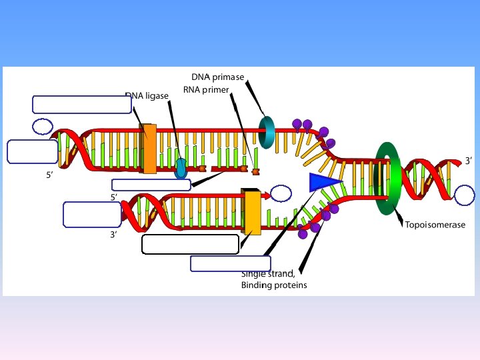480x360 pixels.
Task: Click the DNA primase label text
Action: [x=217, y=77]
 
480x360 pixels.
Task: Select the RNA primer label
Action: [x=205, y=90]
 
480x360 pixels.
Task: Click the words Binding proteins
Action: [x=274, y=285]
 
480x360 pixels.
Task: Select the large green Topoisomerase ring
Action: [x=385, y=178]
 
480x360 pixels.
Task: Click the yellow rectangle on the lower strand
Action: [x=252, y=211]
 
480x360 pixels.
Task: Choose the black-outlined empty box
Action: [x=190, y=244]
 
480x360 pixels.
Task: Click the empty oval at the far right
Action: [x=466, y=195]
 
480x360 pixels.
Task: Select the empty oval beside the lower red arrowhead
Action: [x=281, y=194]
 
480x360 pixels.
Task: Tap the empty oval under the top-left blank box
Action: [x=43, y=125]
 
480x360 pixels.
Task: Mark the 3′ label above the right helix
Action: [x=469, y=161]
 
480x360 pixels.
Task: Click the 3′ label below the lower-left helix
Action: [x=114, y=235]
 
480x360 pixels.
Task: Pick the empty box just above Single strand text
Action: [x=230, y=263]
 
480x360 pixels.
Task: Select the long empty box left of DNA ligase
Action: [x=81, y=104]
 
